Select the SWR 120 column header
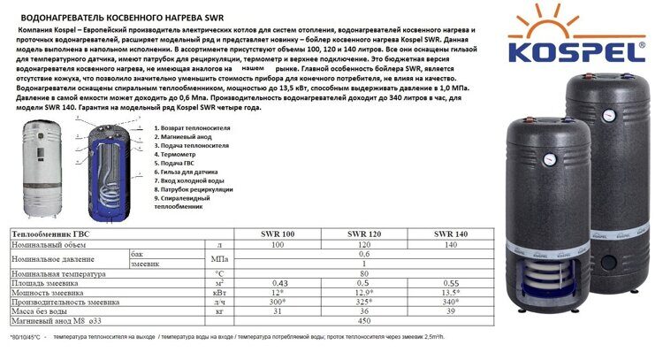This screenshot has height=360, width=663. point(362,234)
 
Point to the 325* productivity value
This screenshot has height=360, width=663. point(362,302)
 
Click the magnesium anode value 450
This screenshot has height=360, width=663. point(362,321)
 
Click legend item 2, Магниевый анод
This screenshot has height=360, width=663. point(189,137)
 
